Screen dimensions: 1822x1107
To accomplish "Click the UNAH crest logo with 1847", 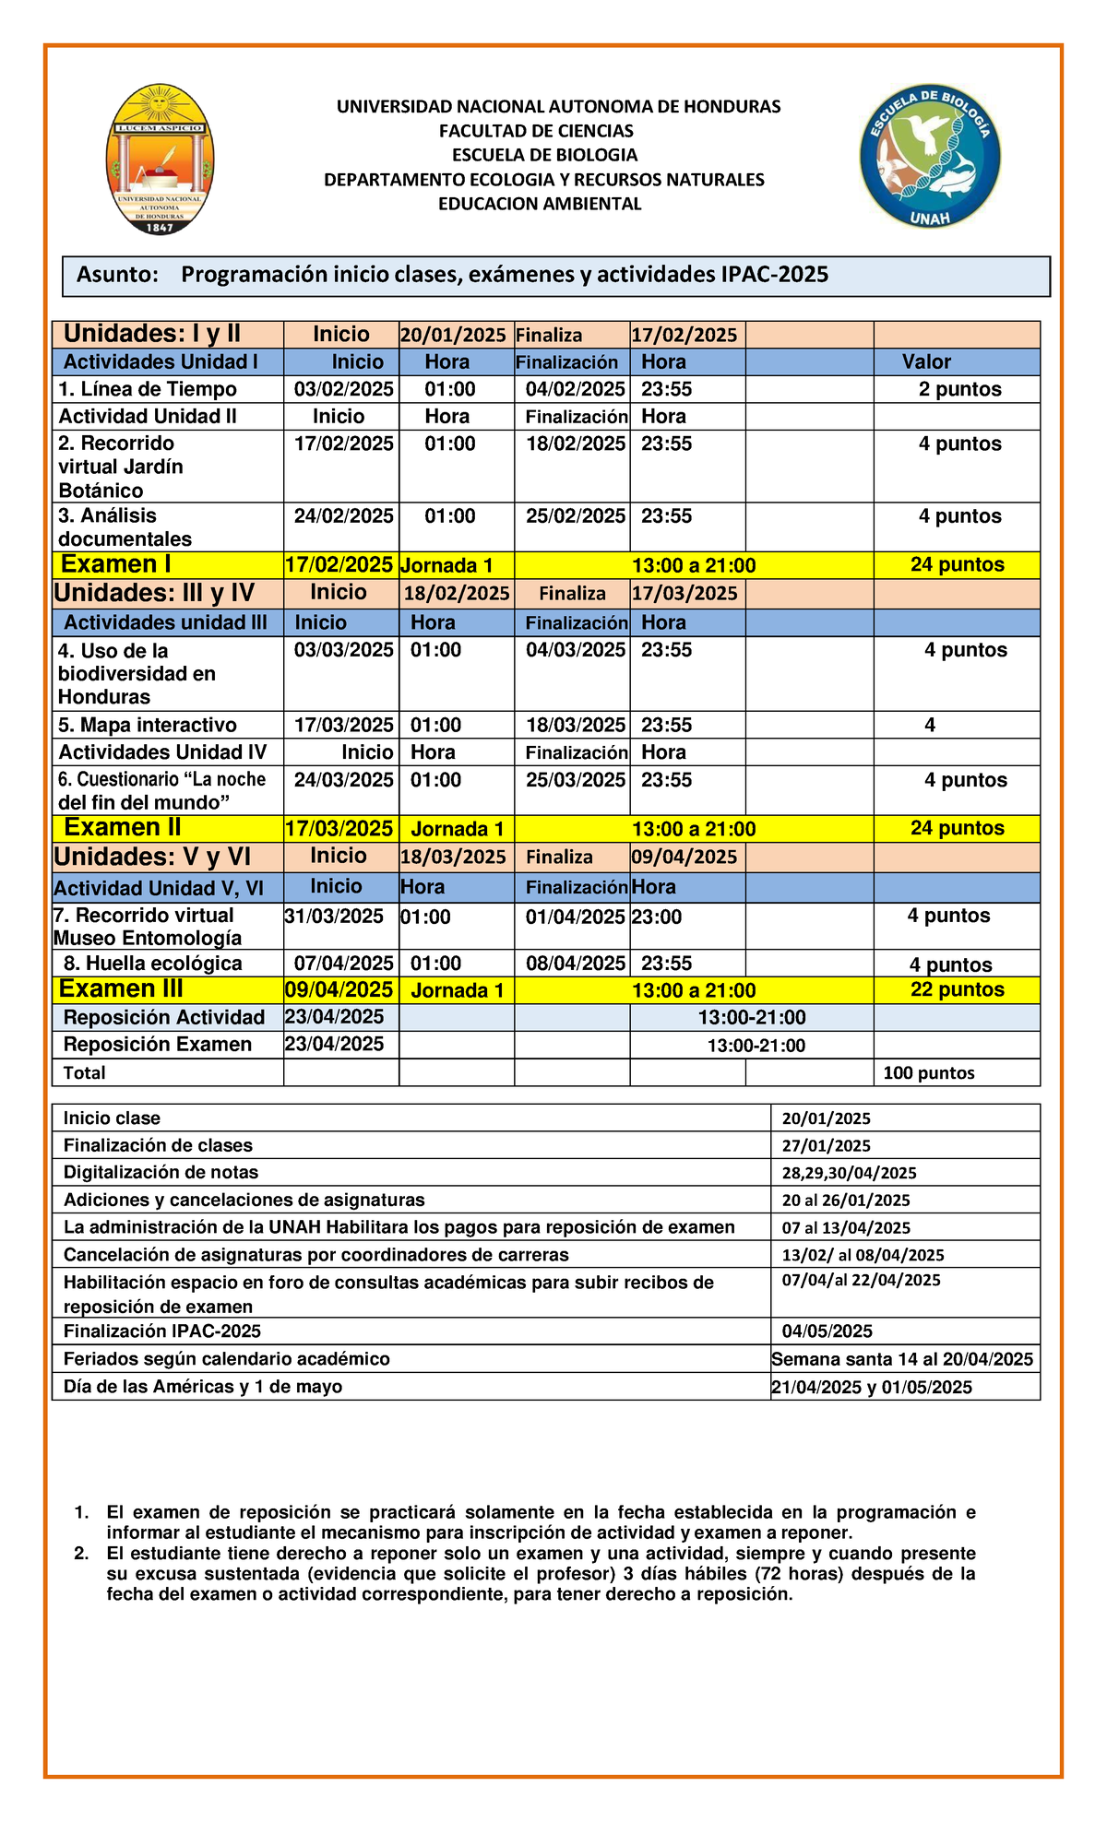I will click(160, 160).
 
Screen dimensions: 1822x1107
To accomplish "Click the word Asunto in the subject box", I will click(117, 275).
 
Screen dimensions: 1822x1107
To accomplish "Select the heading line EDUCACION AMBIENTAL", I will click(540, 204).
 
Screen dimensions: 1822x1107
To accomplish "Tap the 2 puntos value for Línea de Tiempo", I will click(959, 389).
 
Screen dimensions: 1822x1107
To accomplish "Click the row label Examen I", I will click(115, 564).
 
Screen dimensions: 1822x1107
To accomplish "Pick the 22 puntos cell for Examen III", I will click(957, 989).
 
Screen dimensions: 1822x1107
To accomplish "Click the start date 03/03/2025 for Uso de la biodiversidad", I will click(343, 650).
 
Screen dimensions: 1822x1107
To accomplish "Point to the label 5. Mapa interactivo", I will click(148, 725).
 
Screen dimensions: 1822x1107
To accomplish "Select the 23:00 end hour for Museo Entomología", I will click(657, 917).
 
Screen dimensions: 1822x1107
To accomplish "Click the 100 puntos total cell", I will click(928, 1072).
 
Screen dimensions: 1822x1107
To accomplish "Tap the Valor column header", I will click(926, 361).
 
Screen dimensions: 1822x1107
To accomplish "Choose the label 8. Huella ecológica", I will click(153, 964).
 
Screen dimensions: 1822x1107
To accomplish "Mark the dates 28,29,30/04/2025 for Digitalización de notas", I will click(849, 1173).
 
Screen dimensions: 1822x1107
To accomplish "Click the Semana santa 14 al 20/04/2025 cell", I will click(902, 1359).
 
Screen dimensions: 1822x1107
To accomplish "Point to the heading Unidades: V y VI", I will click(152, 857).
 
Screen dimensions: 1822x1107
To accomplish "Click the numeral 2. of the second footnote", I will click(81, 1553).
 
